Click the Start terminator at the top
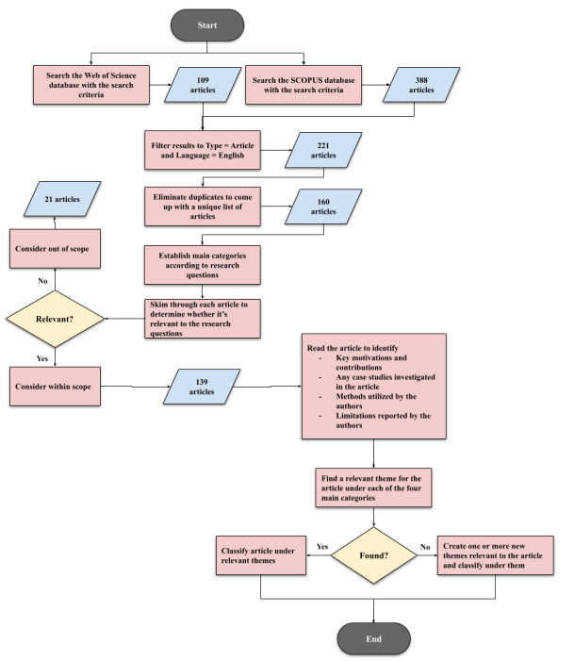(208, 25)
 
